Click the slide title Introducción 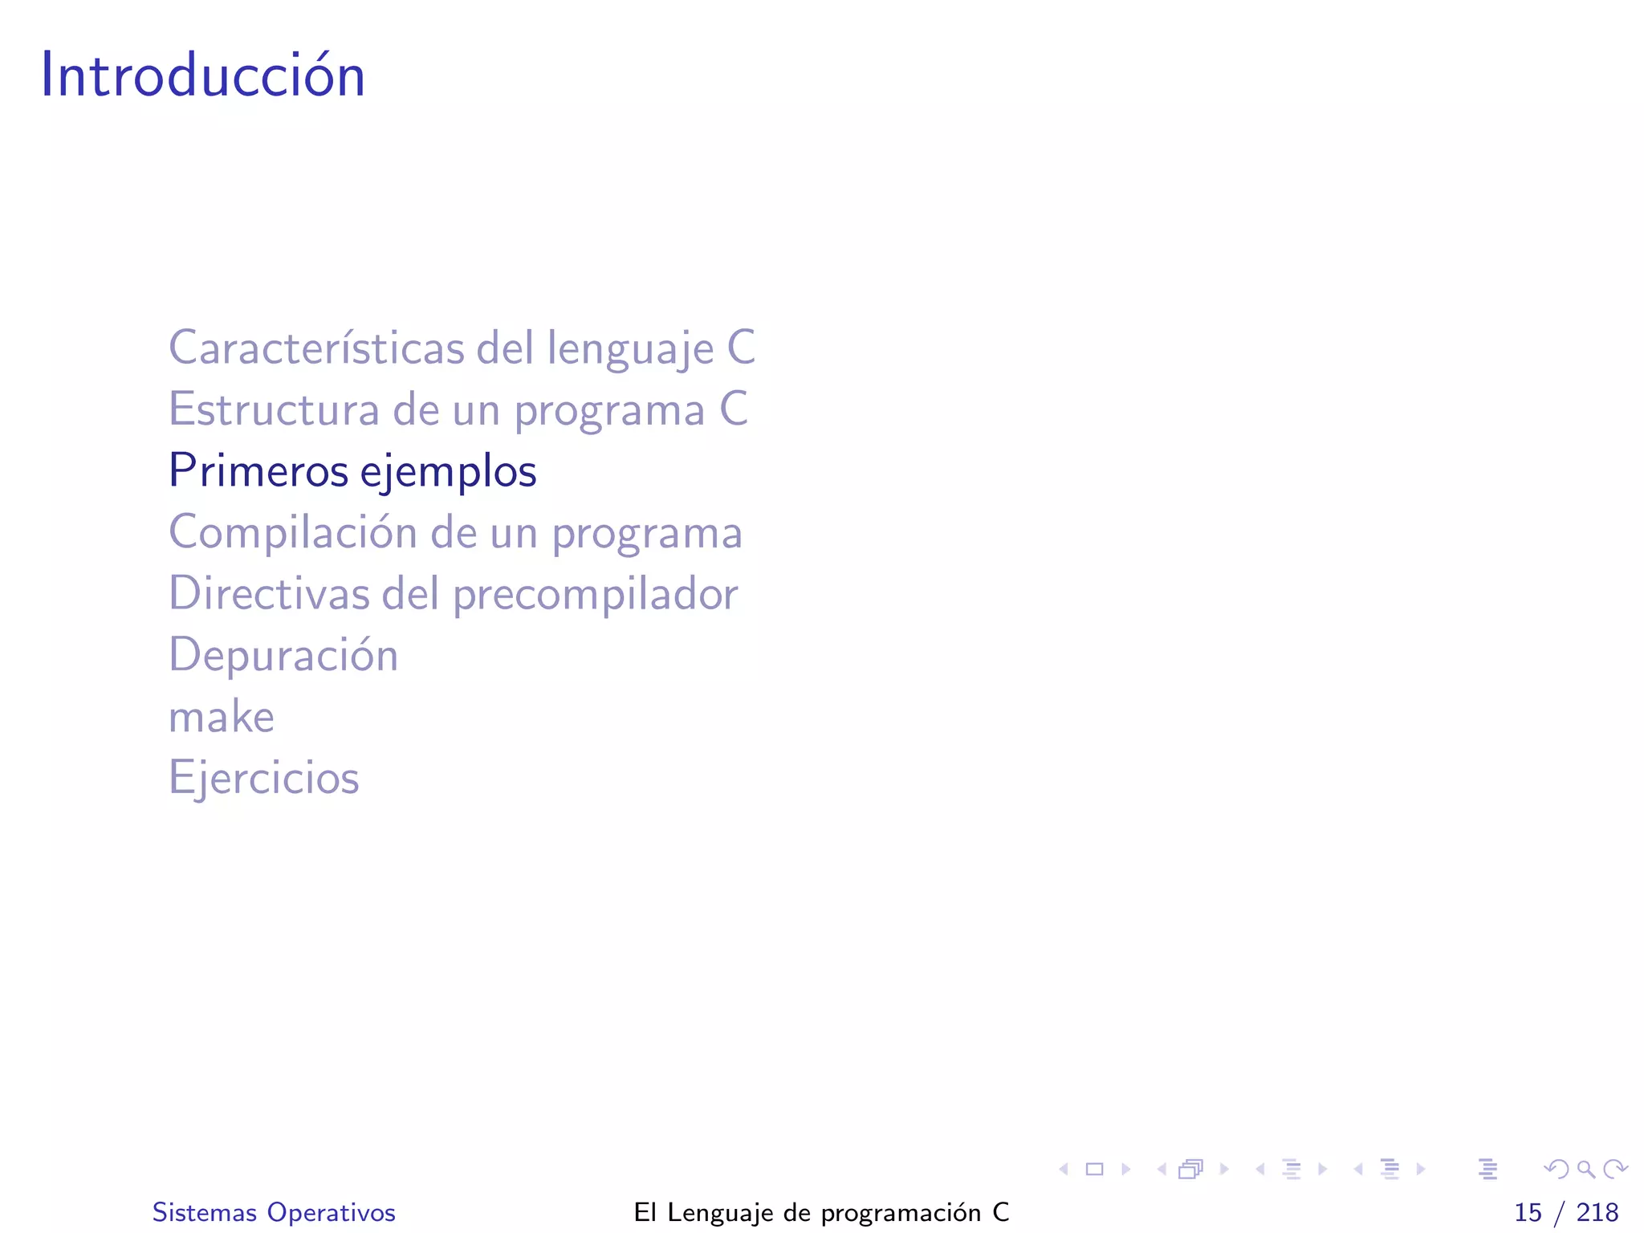[202, 75]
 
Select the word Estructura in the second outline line [273, 409]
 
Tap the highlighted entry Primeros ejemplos [352, 471]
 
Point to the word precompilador [595, 595]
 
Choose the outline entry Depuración [283, 655]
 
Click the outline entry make [221, 717]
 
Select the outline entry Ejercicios [263, 778]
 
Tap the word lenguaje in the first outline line [630, 349]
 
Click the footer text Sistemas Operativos [274, 1212]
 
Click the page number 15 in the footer [1528, 1212]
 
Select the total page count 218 [1597, 1212]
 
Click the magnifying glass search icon [1585, 1169]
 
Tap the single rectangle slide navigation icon [1094, 1169]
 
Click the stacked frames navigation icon [1191, 1169]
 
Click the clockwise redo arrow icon [1615, 1169]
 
